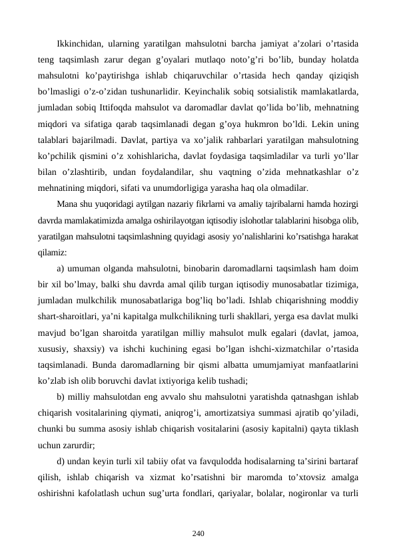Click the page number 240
pyautogui.click(x=198, y=533)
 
